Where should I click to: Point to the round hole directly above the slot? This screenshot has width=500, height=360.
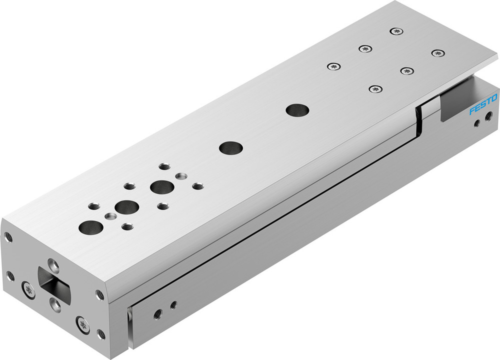(x=52, y=263)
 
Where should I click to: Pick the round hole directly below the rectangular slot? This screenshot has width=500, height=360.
(x=55, y=303)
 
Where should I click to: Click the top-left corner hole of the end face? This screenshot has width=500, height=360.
(x=8, y=236)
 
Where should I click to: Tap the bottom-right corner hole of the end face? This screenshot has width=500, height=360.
(x=101, y=334)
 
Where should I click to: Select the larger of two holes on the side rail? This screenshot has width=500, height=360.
(x=157, y=314)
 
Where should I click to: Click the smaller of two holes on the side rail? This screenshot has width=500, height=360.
(x=173, y=304)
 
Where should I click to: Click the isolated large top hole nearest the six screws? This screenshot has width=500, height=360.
(x=296, y=109)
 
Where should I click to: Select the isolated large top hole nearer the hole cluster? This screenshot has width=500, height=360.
(x=231, y=147)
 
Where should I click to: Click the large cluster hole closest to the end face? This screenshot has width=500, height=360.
(x=91, y=227)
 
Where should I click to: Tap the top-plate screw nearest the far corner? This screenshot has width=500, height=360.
(x=397, y=31)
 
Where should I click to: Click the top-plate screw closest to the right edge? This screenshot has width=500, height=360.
(x=437, y=53)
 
